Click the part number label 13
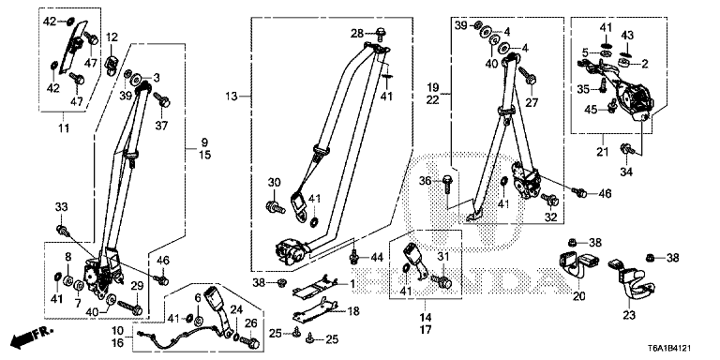[232, 97]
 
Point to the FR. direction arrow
[32, 337]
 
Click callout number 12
[112, 37]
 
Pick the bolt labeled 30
[275, 206]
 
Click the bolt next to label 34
[627, 148]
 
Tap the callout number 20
[579, 296]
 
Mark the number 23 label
[628, 315]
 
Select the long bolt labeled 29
[130, 307]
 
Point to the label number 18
[352, 311]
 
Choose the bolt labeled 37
[162, 99]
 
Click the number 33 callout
[62, 207]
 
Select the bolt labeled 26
[251, 342]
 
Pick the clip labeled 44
[353, 257]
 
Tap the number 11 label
[64, 128]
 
